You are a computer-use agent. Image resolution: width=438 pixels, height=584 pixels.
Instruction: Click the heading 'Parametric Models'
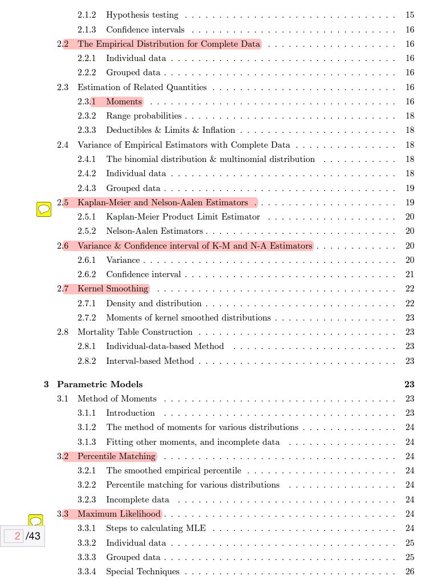100,384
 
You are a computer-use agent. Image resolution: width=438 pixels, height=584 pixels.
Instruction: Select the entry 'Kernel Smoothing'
113,289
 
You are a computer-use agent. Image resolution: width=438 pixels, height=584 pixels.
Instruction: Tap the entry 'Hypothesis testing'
142,15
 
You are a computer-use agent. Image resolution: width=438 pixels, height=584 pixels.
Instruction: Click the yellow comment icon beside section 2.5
44,209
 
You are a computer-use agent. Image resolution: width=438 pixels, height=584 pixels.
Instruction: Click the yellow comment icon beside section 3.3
36,521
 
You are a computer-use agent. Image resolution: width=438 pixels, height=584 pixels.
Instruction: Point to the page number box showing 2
14,536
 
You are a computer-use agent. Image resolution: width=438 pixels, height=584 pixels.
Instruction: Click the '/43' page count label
33,536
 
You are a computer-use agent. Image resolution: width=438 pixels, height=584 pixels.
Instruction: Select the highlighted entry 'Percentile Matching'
116,456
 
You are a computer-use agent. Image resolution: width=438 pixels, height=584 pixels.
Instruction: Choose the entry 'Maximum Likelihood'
119,514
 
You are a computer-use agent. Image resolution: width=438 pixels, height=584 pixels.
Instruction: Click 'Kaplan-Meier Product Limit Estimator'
182,217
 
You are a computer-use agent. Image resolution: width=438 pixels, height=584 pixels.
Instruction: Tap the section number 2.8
63,332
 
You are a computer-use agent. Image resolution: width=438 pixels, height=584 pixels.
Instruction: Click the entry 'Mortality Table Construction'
135,332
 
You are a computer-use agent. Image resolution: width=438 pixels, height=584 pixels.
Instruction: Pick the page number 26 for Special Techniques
409,571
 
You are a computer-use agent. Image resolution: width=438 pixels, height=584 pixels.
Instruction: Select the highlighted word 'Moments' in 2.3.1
124,102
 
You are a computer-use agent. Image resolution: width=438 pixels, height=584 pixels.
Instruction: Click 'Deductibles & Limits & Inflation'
170,130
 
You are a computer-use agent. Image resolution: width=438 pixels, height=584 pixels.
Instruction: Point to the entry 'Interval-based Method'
150,361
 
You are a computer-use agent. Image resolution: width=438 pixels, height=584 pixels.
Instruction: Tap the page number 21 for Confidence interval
409,274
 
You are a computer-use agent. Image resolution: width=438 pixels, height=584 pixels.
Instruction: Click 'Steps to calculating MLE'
156,528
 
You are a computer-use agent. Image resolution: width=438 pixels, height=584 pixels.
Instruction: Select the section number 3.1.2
87,427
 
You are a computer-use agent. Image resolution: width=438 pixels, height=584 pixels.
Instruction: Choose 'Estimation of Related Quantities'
142,87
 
